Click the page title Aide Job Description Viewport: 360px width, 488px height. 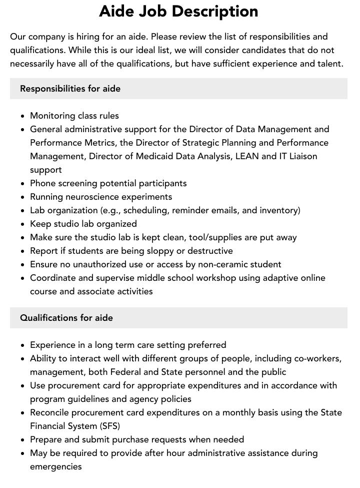(178, 11)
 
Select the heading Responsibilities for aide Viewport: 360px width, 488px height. (70, 89)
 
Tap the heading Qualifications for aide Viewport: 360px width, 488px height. (66, 318)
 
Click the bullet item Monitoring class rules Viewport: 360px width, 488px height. (74, 116)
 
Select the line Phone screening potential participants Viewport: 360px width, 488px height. (108, 183)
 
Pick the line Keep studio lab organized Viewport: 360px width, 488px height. (83, 224)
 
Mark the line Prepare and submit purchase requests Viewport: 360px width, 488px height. (137, 439)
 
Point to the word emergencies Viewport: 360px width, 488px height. (55, 466)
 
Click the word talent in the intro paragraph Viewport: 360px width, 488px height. (331, 64)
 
